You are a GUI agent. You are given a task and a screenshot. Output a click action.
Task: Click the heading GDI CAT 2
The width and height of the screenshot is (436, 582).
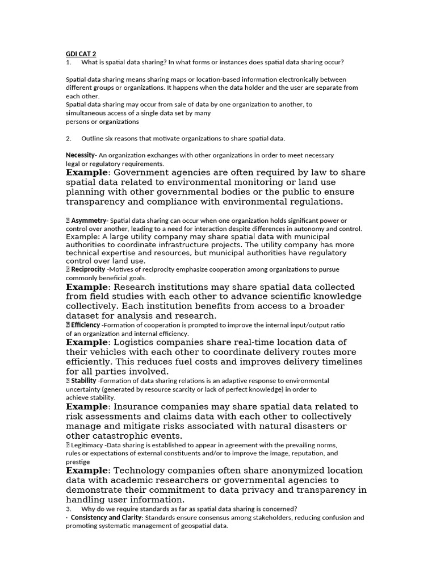coord(81,54)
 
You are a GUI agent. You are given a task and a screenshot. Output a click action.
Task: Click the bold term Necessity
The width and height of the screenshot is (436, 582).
coord(80,155)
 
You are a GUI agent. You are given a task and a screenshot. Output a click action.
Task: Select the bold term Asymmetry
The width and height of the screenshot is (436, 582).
coord(89,221)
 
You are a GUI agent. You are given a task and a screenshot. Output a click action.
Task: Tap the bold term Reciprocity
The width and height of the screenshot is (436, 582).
coord(88,269)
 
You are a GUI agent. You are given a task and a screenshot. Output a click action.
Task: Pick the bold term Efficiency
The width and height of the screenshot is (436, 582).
coord(85,325)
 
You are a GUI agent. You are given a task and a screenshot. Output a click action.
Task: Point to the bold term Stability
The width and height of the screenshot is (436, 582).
coord(83,381)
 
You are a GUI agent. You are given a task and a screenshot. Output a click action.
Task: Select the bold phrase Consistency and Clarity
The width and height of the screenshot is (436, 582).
coord(106,518)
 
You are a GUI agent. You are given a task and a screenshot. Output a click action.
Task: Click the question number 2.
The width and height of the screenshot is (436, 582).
coord(68,139)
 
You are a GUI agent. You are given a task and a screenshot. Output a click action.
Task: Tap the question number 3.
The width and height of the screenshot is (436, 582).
coord(68,509)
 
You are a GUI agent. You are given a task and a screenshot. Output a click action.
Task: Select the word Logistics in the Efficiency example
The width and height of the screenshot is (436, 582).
coord(136,343)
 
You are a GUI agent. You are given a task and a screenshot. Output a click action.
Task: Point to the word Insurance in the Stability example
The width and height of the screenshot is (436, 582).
coord(137,407)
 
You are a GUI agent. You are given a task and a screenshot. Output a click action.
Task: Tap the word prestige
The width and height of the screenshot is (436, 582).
coord(78,462)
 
